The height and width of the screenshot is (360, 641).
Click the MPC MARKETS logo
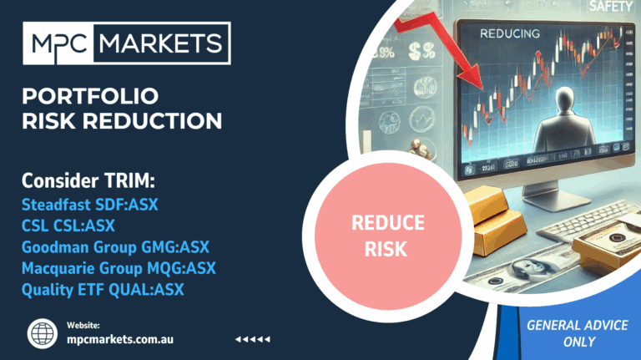tap(127, 43)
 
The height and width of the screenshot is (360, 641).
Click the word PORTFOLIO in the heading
tap(90, 97)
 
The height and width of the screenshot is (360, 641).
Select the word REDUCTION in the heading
tap(153, 121)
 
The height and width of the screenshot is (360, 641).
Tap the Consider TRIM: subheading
tap(88, 180)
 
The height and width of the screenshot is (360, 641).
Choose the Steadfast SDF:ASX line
tap(90, 205)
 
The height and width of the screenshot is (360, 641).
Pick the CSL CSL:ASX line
tap(68, 226)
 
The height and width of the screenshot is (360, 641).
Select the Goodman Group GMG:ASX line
tap(115, 247)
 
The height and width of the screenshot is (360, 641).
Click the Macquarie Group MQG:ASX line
tap(119, 268)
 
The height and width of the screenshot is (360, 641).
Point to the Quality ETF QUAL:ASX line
tap(103, 290)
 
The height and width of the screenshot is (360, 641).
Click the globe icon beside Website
tap(43, 333)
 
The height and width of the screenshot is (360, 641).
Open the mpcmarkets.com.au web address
tap(120, 340)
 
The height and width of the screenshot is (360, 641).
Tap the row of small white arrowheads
tap(253, 339)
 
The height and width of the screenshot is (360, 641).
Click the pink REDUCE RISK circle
tap(388, 236)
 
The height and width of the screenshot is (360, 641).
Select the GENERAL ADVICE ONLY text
tap(578, 333)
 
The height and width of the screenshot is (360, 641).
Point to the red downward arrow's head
tap(472, 77)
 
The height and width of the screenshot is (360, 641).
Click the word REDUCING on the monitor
tap(510, 33)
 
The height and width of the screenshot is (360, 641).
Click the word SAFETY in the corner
tap(611, 6)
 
